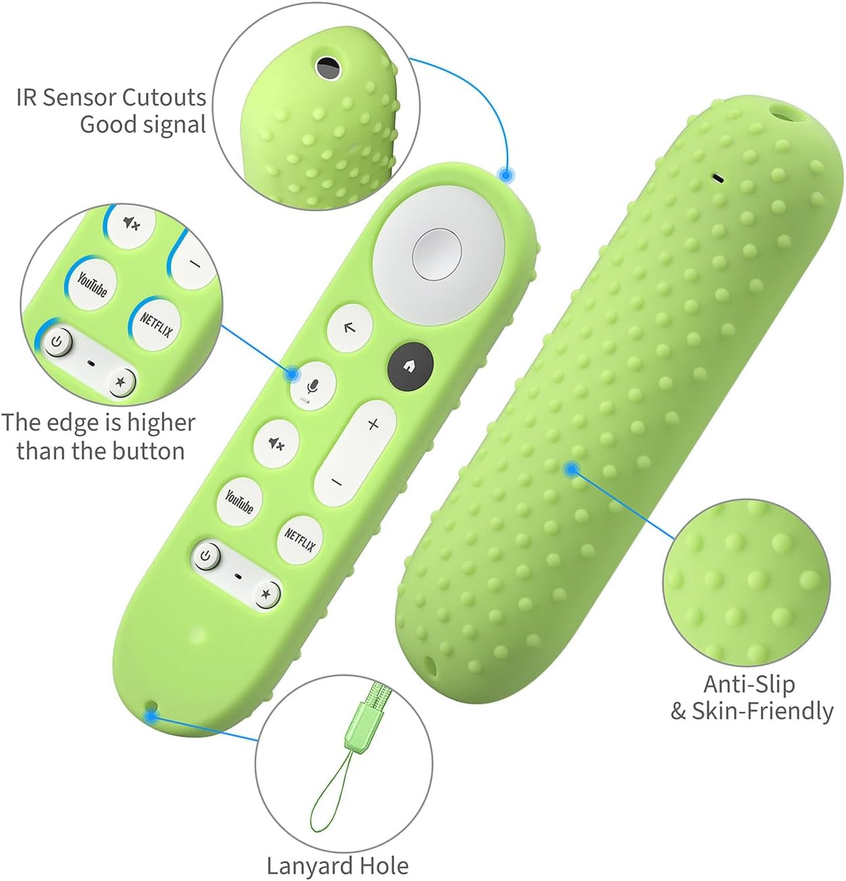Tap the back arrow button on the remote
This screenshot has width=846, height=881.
click(349, 328)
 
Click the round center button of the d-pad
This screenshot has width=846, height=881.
click(437, 252)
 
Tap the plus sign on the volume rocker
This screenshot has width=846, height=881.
click(372, 425)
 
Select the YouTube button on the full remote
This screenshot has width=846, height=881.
click(239, 502)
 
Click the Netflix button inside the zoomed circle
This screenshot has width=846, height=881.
click(156, 324)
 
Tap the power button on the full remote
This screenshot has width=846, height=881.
click(207, 557)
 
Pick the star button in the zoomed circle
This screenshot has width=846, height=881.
click(121, 382)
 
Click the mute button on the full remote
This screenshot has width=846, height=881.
click(276, 444)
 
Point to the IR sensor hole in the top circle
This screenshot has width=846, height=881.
click(327, 66)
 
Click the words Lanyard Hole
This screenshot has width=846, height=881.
click(337, 866)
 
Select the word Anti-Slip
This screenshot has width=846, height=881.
click(748, 683)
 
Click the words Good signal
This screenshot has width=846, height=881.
click(142, 125)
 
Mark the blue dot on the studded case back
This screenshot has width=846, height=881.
click(573, 468)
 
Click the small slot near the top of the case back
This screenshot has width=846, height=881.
click(717, 179)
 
